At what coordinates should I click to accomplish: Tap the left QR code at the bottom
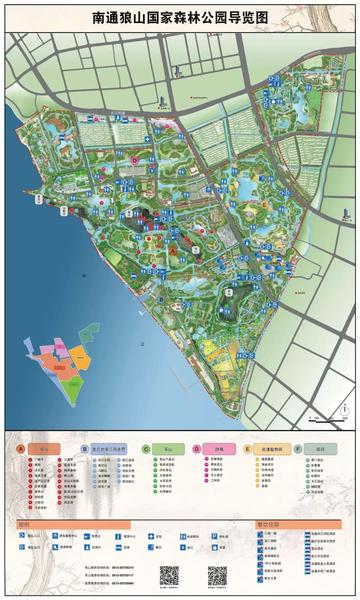tap(169, 576)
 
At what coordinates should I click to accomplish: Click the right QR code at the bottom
tap(217, 576)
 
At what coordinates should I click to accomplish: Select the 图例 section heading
tap(24, 523)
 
